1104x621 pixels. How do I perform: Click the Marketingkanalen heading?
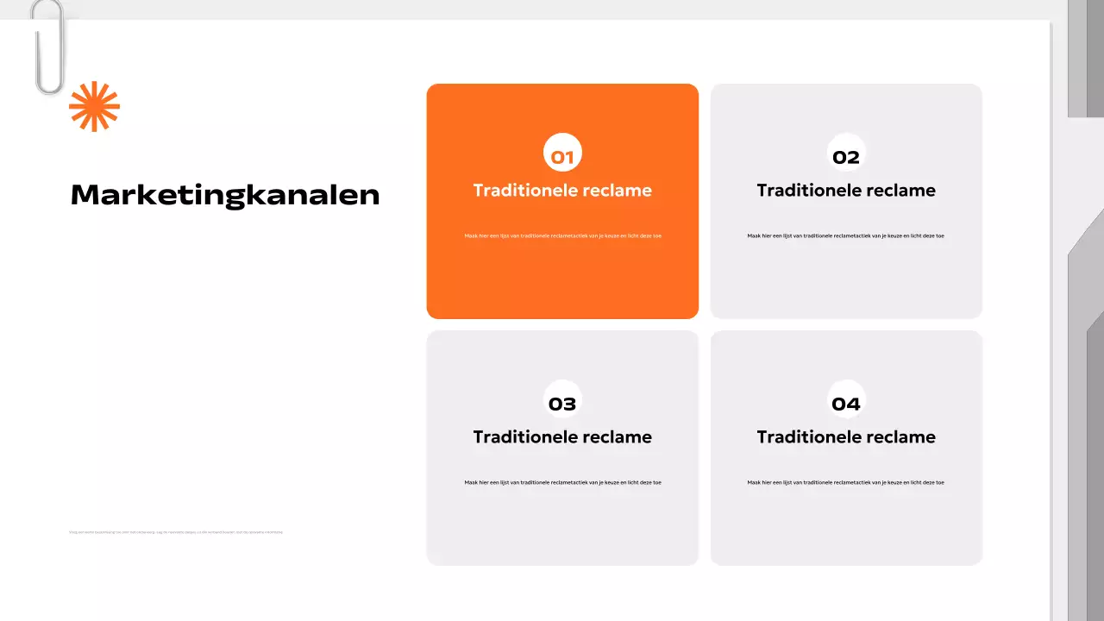pyautogui.click(x=225, y=195)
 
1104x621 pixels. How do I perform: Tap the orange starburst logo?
pyautogui.click(x=94, y=106)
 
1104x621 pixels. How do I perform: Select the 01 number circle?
pyautogui.click(x=562, y=154)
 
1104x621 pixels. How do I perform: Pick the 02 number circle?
pyautogui.click(x=846, y=154)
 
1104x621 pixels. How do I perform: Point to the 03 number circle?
pyautogui.click(x=562, y=401)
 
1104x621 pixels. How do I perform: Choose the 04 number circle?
pyautogui.click(x=846, y=401)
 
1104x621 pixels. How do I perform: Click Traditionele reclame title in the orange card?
pyautogui.click(x=562, y=191)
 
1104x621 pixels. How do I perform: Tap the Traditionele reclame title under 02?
pyautogui.click(x=846, y=191)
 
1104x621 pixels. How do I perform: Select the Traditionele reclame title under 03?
pyautogui.click(x=562, y=437)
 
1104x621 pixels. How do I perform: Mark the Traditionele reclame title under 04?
pyautogui.click(x=846, y=437)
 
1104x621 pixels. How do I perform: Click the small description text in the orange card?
pyautogui.click(x=562, y=235)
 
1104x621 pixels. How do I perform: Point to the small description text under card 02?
pyautogui.click(x=846, y=235)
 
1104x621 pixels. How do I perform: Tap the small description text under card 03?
pyautogui.click(x=562, y=482)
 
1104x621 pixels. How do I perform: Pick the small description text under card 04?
pyautogui.click(x=846, y=482)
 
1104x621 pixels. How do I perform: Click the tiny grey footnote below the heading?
pyautogui.click(x=176, y=532)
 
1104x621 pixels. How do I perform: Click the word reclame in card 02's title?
pyautogui.click(x=903, y=191)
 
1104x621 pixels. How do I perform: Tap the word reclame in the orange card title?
pyautogui.click(x=619, y=191)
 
